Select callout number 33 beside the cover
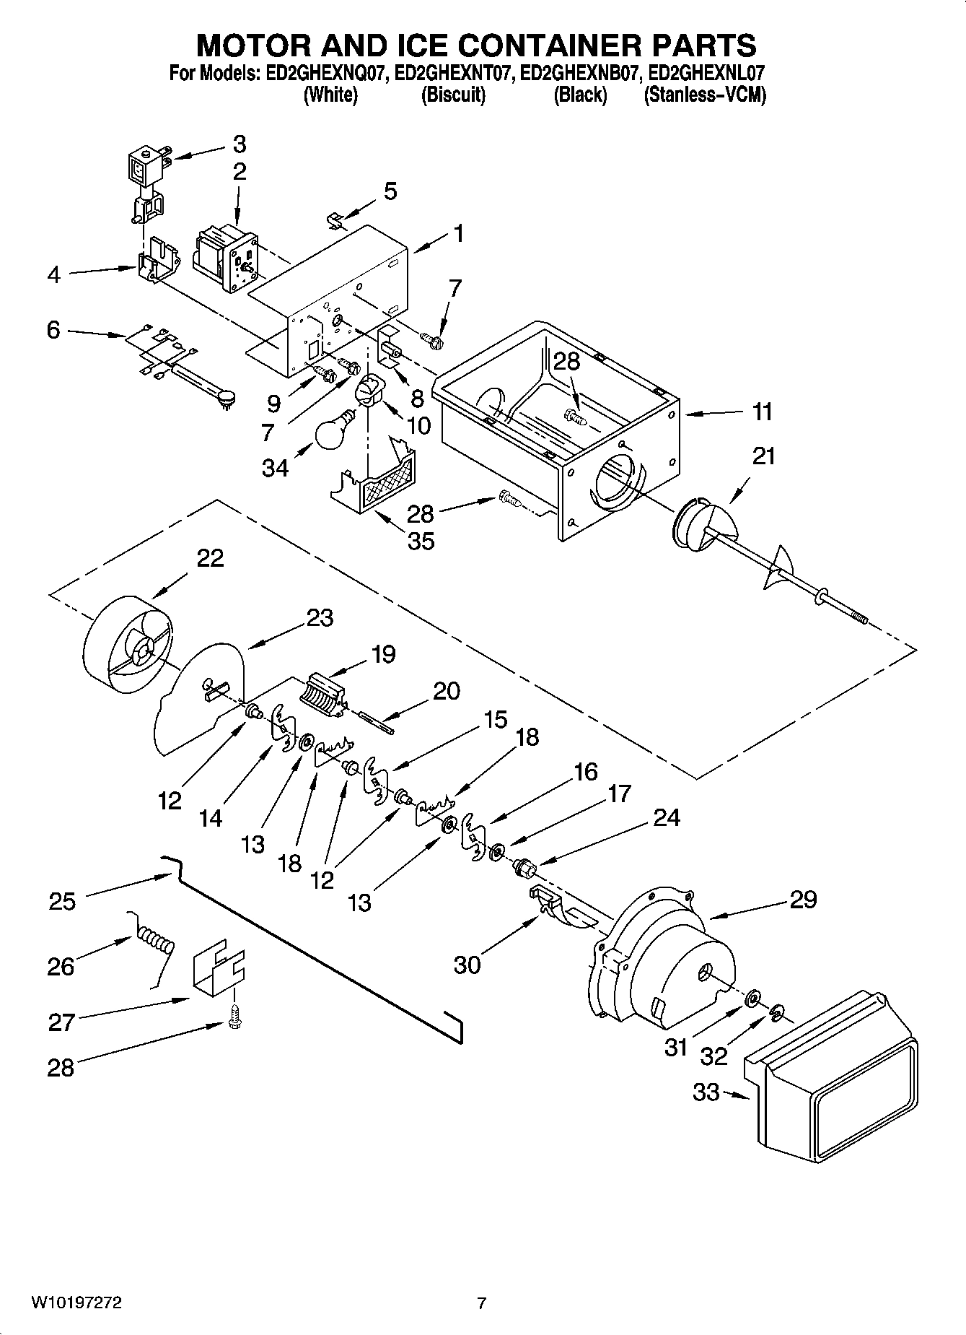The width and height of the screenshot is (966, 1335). coord(706,1092)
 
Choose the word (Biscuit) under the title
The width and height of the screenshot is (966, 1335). coord(453,95)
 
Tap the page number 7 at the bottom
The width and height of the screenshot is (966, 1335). coord(482,1303)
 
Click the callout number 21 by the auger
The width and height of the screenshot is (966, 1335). coord(763,456)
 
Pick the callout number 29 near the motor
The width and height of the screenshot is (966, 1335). coord(802,899)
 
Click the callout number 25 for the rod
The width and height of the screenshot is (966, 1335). coord(62,901)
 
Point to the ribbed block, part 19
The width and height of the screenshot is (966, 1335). coord(323,695)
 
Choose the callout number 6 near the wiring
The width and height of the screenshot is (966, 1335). coord(53,330)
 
